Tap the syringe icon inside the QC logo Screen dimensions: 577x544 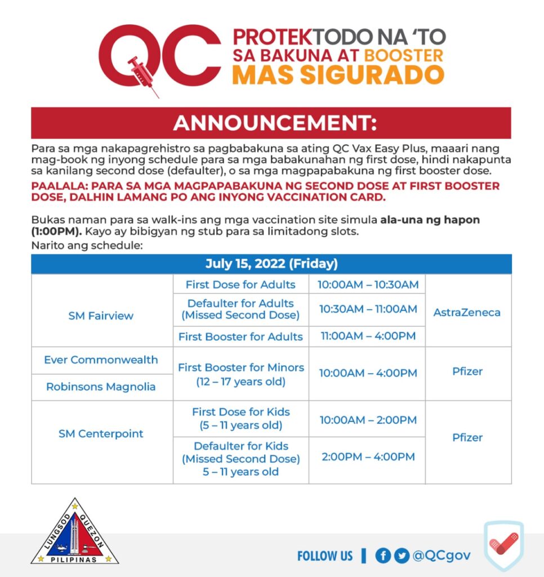pos(141,73)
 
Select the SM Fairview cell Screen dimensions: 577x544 pos(101,316)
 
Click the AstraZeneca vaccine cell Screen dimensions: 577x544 pos(467,312)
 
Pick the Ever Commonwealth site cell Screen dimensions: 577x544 pos(101,360)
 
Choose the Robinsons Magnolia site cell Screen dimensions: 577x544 pos(101,387)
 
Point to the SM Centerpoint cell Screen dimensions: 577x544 pos(101,434)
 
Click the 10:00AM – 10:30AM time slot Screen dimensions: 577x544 pos(368,285)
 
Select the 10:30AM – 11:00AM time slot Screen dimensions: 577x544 pos(368,309)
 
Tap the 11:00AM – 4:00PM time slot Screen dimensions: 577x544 pos(368,336)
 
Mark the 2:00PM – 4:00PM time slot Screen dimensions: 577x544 pos(368,457)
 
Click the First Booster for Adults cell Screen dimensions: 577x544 pos(240,337)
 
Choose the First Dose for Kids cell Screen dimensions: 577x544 pos(240,419)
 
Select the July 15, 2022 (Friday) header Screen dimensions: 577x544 pos(271,264)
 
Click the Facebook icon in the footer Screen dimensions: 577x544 pos(383,556)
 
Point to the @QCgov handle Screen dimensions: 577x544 pos(442,556)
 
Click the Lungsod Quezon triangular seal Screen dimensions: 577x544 pos(74,532)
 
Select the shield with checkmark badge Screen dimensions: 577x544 pos(503,545)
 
